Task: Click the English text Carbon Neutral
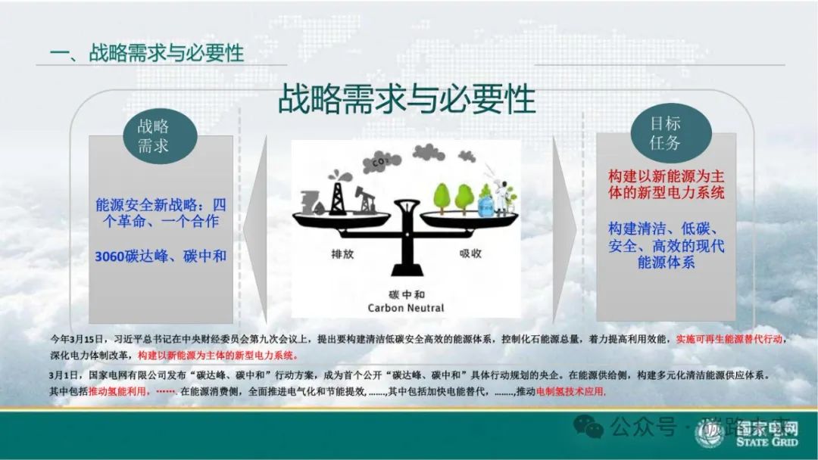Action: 406,308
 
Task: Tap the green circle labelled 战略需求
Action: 153,136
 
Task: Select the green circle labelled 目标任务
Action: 665,132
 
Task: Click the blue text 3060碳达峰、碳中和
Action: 161,256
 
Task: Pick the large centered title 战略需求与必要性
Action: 407,99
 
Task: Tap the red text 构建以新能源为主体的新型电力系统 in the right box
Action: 667,184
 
